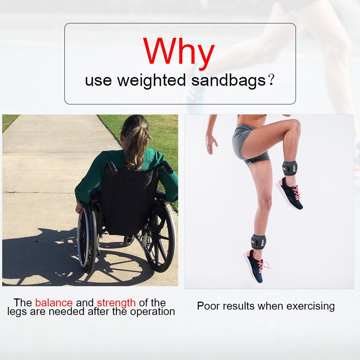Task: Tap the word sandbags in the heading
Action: (x=229, y=80)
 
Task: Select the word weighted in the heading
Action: (x=152, y=81)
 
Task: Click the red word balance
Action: (x=54, y=303)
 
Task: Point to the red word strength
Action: (x=116, y=303)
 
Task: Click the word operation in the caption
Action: (x=152, y=312)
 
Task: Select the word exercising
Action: (x=310, y=306)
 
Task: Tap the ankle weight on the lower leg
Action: (x=258, y=242)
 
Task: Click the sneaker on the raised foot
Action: (x=289, y=193)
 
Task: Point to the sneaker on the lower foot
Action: (x=256, y=266)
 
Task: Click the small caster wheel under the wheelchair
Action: (x=129, y=240)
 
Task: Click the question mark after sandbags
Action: (x=271, y=80)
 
